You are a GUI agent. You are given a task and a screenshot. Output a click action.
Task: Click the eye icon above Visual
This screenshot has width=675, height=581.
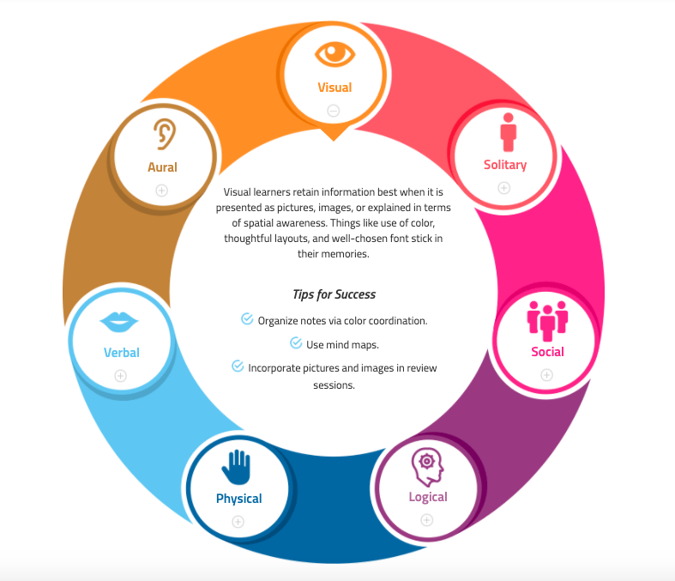pyautogui.click(x=334, y=54)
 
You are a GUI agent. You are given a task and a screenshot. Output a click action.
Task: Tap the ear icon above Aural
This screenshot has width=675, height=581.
pyautogui.click(x=165, y=134)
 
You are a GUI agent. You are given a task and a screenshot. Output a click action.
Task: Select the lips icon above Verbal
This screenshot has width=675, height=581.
pyautogui.click(x=119, y=322)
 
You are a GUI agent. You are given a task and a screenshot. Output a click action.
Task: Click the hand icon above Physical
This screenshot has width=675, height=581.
pyautogui.click(x=236, y=468)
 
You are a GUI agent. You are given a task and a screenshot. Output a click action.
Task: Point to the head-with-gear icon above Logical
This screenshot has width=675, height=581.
pyautogui.click(x=427, y=468)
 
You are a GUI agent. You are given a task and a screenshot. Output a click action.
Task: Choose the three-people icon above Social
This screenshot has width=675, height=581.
pyautogui.click(x=547, y=321)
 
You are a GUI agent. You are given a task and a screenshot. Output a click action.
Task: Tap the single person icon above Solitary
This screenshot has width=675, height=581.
pyautogui.click(x=508, y=132)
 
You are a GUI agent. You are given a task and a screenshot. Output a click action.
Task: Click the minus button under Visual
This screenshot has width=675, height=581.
pyautogui.click(x=333, y=111)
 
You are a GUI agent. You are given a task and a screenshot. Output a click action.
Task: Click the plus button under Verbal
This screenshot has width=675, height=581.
pyautogui.click(x=121, y=376)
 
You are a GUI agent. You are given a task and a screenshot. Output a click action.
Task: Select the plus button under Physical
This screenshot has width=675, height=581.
pyautogui.click(x=238, y=522)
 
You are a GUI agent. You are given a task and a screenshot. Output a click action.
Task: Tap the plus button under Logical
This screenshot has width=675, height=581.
pyautogui.click(x=426, y=520)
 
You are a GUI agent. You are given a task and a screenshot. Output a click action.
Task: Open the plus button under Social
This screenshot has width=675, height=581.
pyautogui.click(x=546, y=375)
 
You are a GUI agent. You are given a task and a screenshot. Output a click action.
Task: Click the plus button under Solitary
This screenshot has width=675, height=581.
pyautogui.click(x=504, y=188)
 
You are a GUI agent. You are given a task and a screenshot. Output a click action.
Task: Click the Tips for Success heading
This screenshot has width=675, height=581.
pyautogui.click(x=334, y=294)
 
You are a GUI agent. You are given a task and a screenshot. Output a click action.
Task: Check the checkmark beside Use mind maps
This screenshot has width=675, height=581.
pyautogui.click(x=296, y=342)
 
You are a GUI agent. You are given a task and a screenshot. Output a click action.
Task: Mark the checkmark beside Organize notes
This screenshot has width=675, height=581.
pyautogui.click(x=247, y=318)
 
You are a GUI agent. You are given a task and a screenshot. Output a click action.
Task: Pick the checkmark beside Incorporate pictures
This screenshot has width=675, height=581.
pyautogui.click(x=238, y=366)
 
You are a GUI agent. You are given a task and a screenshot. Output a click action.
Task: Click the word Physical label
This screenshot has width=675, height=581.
pyautogui.click(x=239, y=499)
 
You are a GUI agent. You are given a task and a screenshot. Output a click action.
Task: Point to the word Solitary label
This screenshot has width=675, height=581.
pyautogui.click(x=505, y=165)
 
